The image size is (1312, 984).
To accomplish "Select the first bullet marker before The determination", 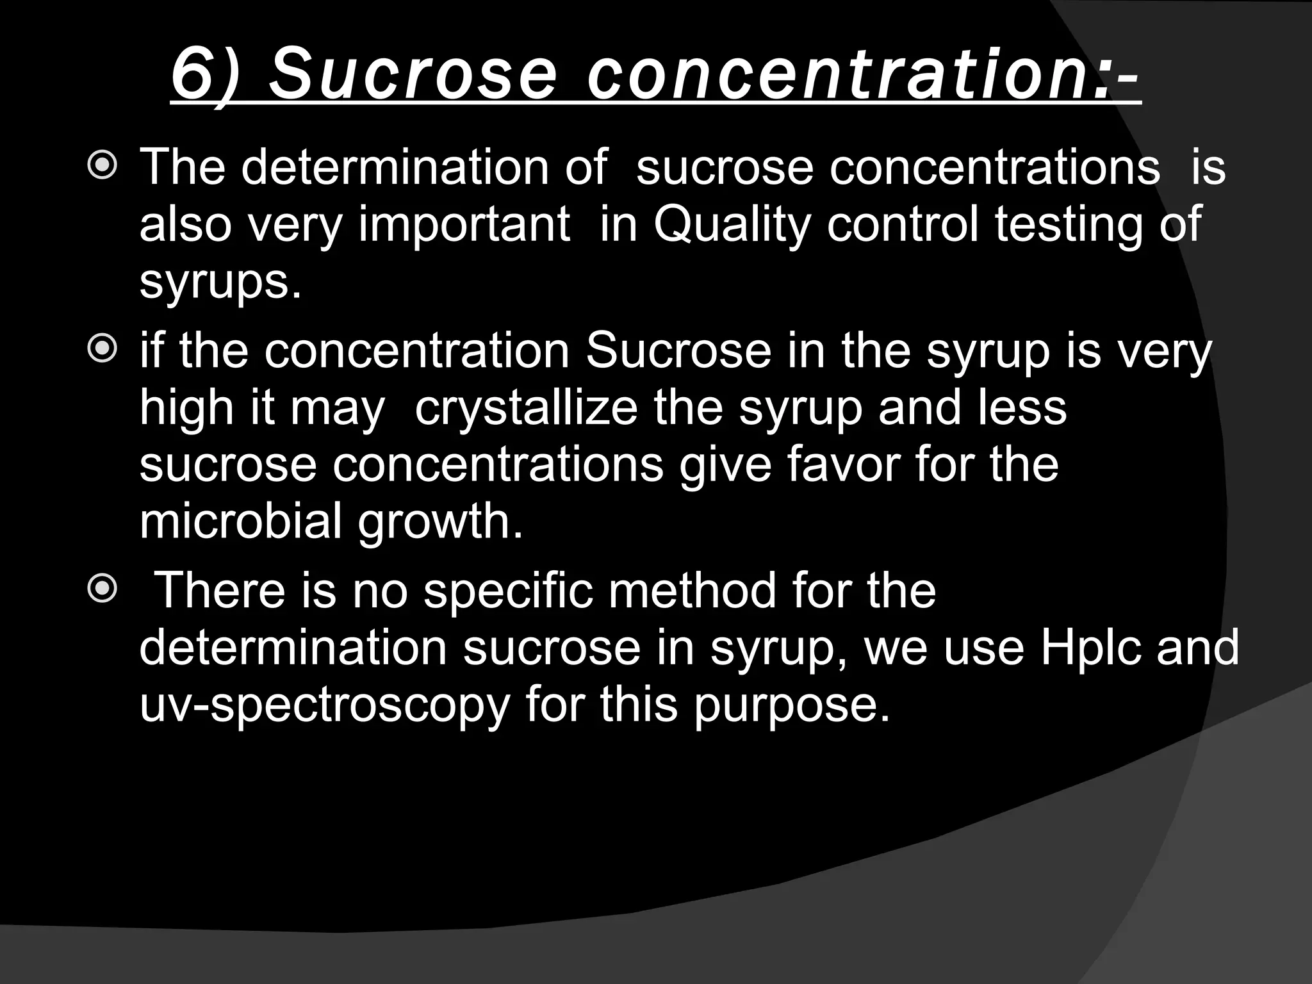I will coord(102,167).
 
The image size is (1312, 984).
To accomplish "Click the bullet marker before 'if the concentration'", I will coord(102,350).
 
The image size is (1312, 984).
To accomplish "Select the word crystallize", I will coord(526,407).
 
